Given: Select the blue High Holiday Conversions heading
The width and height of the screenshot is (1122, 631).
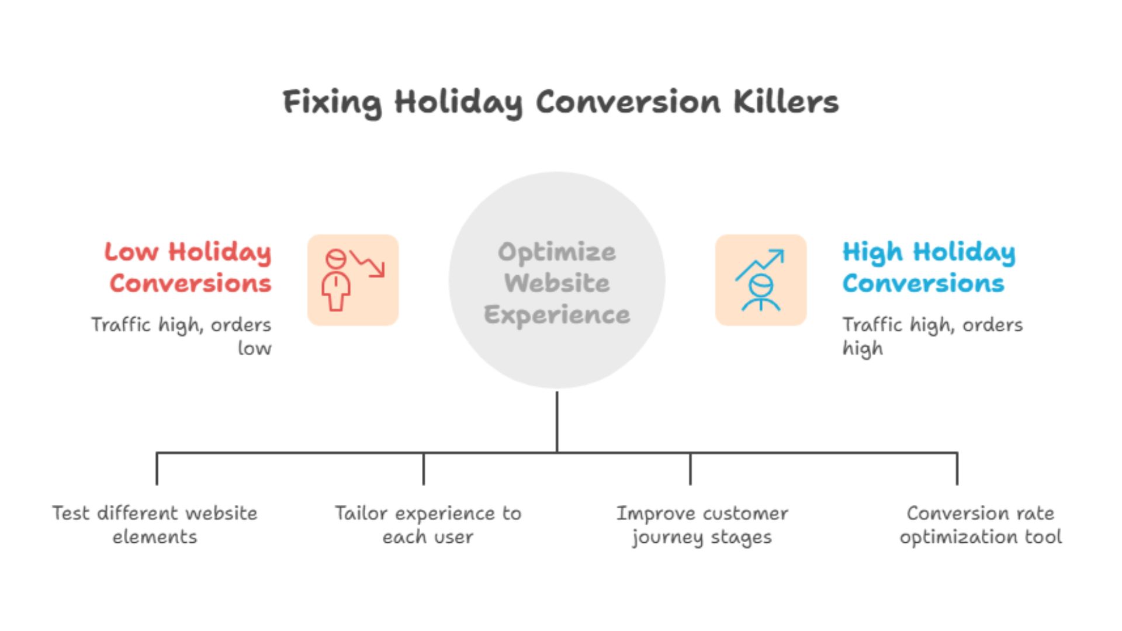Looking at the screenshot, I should [928, 268].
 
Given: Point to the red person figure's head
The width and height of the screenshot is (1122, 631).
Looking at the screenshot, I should [335, 259].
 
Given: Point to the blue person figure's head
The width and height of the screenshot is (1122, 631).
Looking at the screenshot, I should [761, 286].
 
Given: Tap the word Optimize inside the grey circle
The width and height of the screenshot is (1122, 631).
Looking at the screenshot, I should [556, 252].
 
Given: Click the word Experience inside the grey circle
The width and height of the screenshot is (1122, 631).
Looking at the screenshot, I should [556, 315].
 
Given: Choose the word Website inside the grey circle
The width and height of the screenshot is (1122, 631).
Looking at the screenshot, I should [556, 283].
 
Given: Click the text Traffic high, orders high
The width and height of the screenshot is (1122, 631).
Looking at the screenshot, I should [931, 336].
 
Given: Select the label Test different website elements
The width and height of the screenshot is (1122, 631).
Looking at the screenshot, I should [155, 525].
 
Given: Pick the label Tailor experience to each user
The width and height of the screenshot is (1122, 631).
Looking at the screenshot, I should [428, 525].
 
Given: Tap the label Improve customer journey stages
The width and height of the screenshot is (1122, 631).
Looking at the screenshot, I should [702, 525].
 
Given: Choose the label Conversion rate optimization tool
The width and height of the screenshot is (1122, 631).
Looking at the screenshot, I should [980, 525].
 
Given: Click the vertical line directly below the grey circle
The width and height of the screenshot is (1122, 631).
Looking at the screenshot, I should [557, 421].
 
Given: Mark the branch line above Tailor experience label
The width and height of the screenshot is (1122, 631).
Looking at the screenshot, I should [424, 469].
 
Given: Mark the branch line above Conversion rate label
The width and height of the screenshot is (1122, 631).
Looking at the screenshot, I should [957, 469].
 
